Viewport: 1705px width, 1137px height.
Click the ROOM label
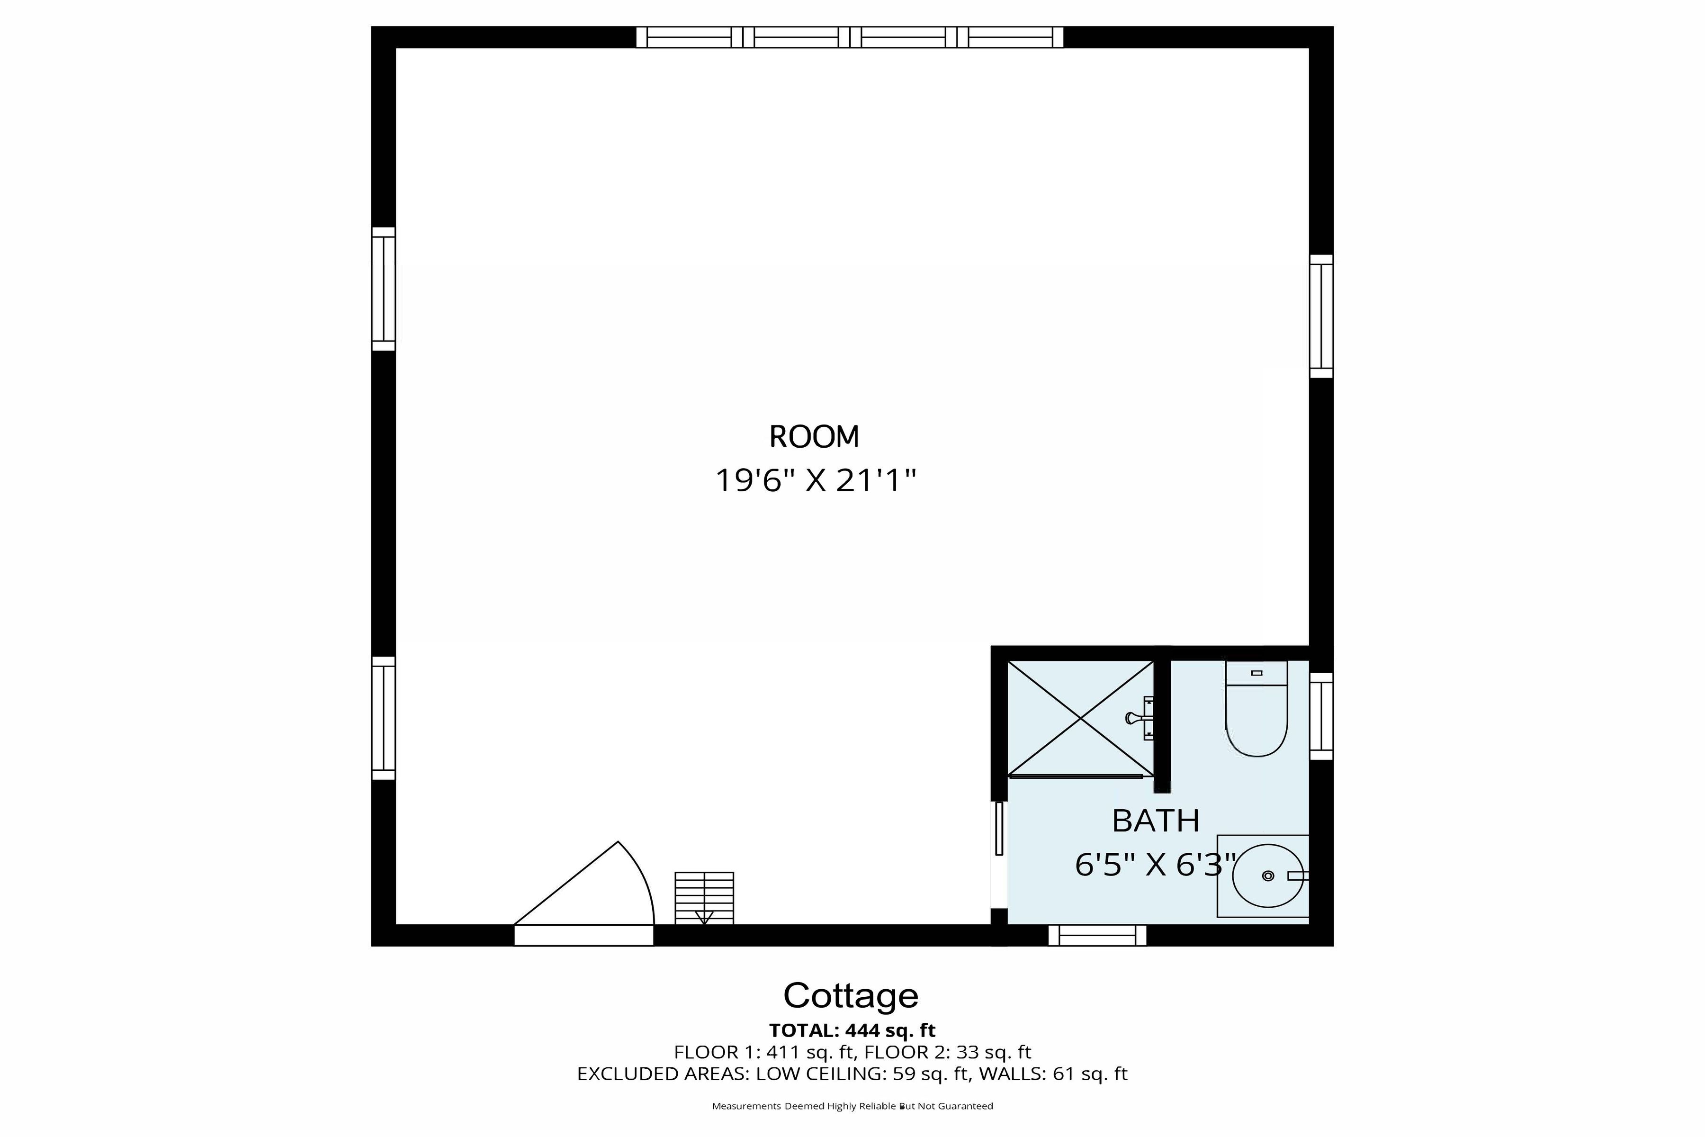point(814,437)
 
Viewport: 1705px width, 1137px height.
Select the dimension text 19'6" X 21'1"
point(816,481)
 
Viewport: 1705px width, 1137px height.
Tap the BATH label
point(1156,821)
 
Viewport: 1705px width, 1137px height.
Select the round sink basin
point(1268,876)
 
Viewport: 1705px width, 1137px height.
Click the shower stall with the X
point(1080,718)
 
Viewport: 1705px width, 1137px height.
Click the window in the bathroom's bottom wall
point(1097,935)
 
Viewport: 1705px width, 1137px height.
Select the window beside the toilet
point(1321,716)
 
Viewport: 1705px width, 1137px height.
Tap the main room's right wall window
point(1321,316)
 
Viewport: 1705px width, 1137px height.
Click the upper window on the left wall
point(384,289)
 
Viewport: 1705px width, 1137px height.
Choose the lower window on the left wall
point(384,718)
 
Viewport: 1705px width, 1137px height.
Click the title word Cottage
point(851,996)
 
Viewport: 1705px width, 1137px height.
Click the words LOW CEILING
point(820,1074)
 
